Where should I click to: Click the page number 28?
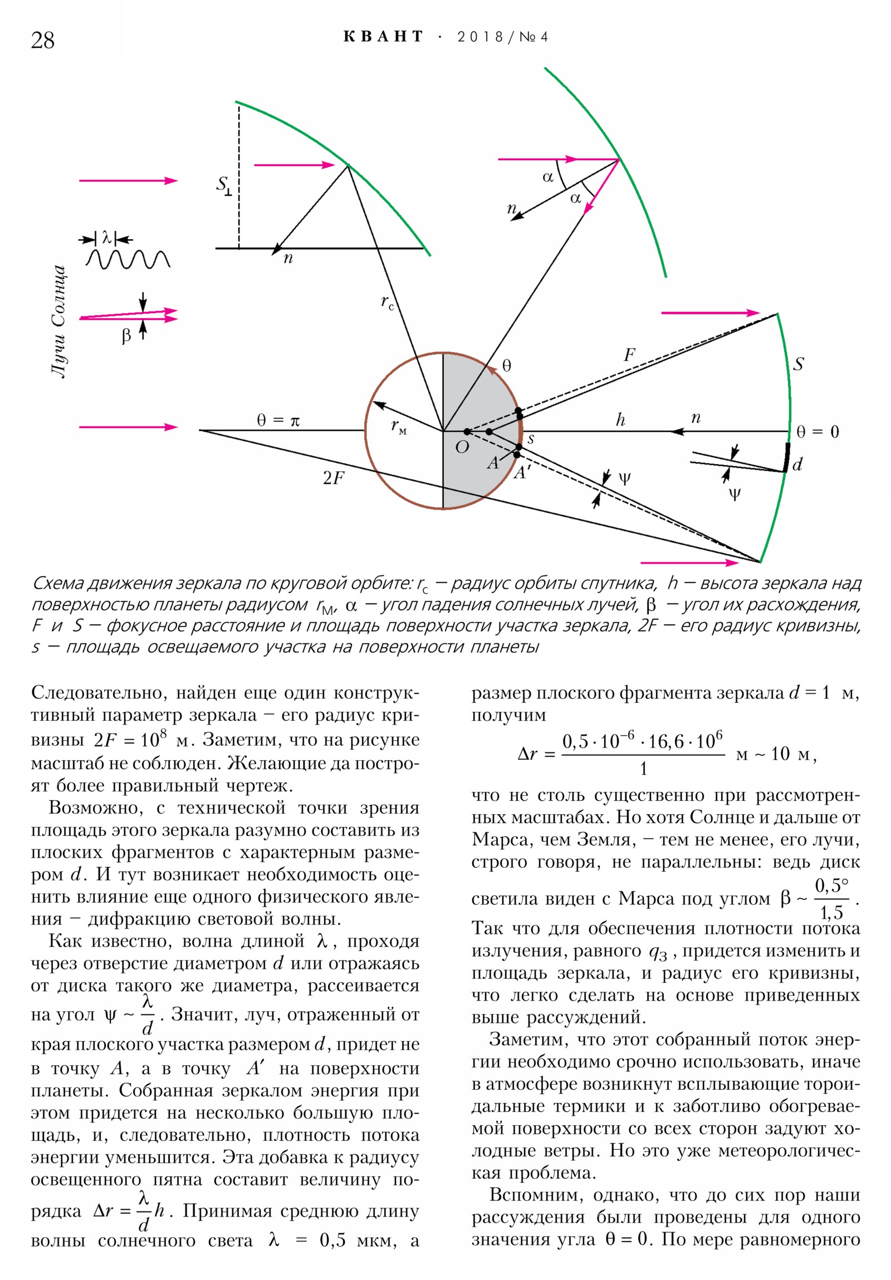[x=42, y=40]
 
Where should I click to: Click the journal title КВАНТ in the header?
[x=383, y=37]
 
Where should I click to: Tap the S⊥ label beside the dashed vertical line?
[x=224, y=186]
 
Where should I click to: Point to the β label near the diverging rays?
[x=126, y=335]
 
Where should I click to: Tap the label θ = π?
[x=278, y=420]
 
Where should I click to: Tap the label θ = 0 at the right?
[x=817, y=432]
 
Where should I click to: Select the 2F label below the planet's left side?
[x=334, y=478]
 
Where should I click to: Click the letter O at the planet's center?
[x=462, y=447]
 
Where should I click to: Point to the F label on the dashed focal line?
[x=629, y=355]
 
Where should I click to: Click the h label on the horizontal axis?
[x=620, y=420]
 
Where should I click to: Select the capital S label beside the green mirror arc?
[x=799, y=365]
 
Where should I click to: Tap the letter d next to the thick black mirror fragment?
[x=797, y=464]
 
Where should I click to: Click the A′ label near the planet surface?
[x=522, y=472]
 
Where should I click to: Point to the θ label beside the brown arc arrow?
[x=506, y=366]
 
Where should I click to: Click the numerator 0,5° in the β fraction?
[x=831, y=885]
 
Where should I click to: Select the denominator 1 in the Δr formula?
[x=643, y=769]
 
